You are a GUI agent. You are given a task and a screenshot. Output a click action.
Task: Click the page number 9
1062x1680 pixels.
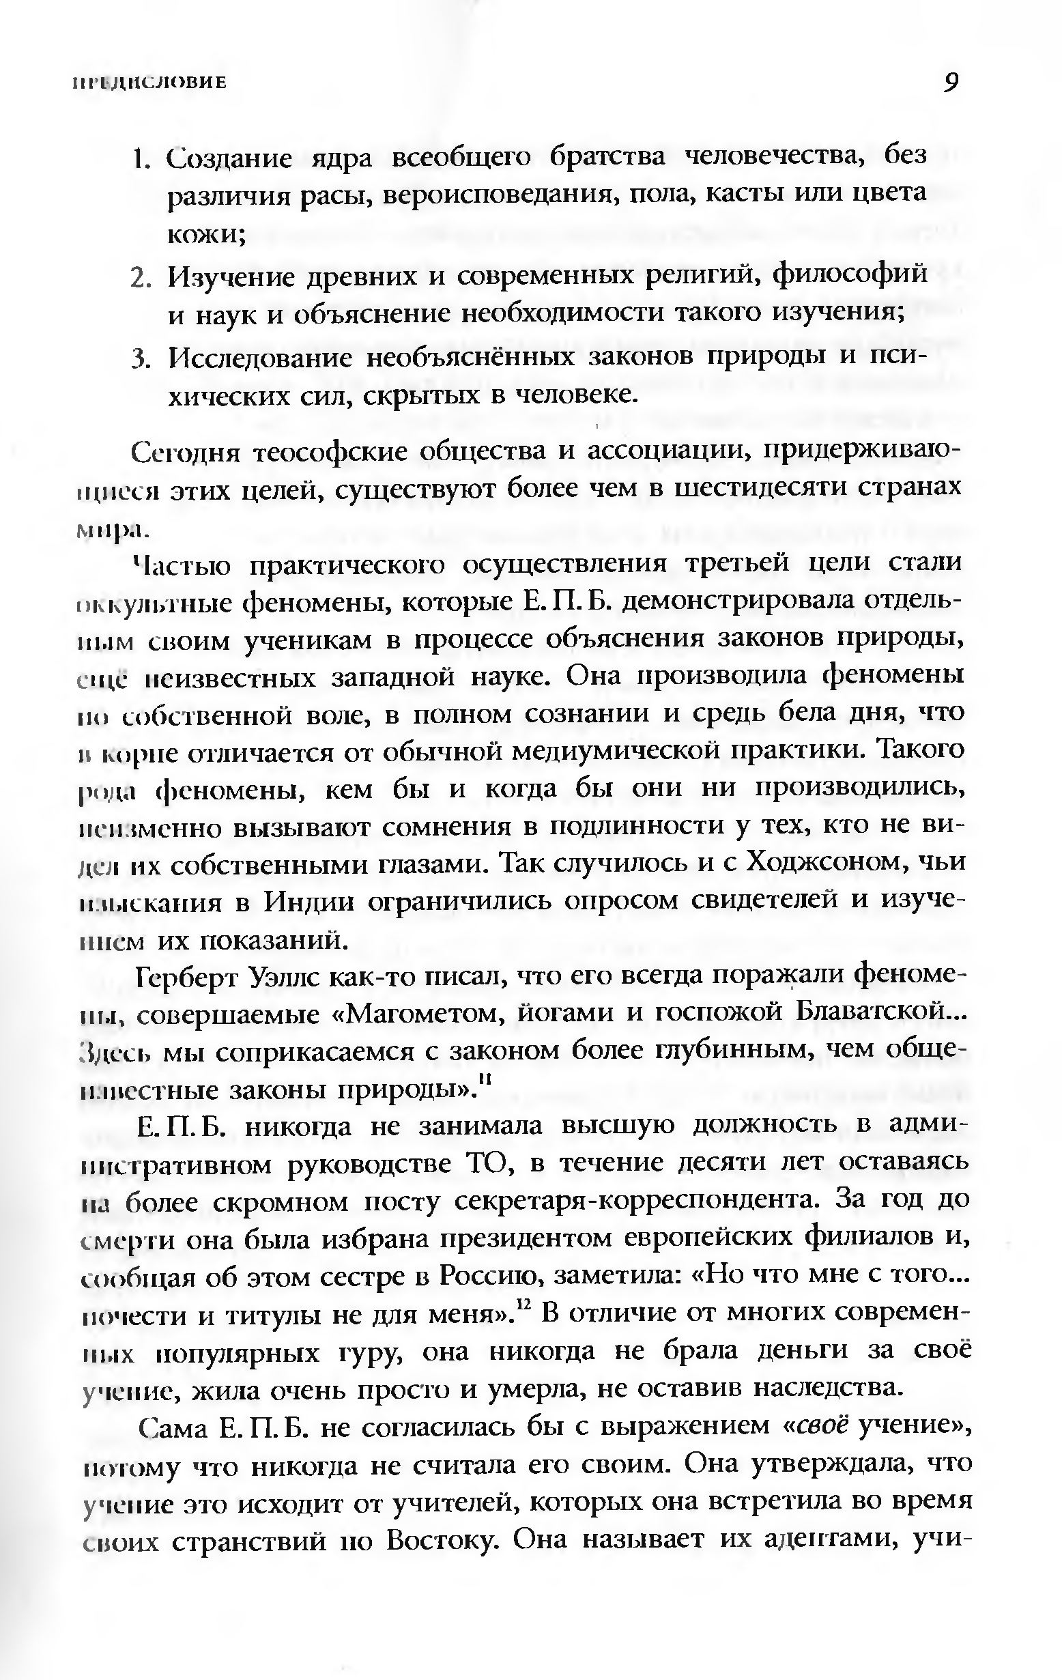[x=949, y=83]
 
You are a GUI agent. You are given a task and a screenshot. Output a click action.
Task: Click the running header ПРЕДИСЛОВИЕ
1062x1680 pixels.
[x=149, y=83]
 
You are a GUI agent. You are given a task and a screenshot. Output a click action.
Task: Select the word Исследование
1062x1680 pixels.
[x=261, y=358]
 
